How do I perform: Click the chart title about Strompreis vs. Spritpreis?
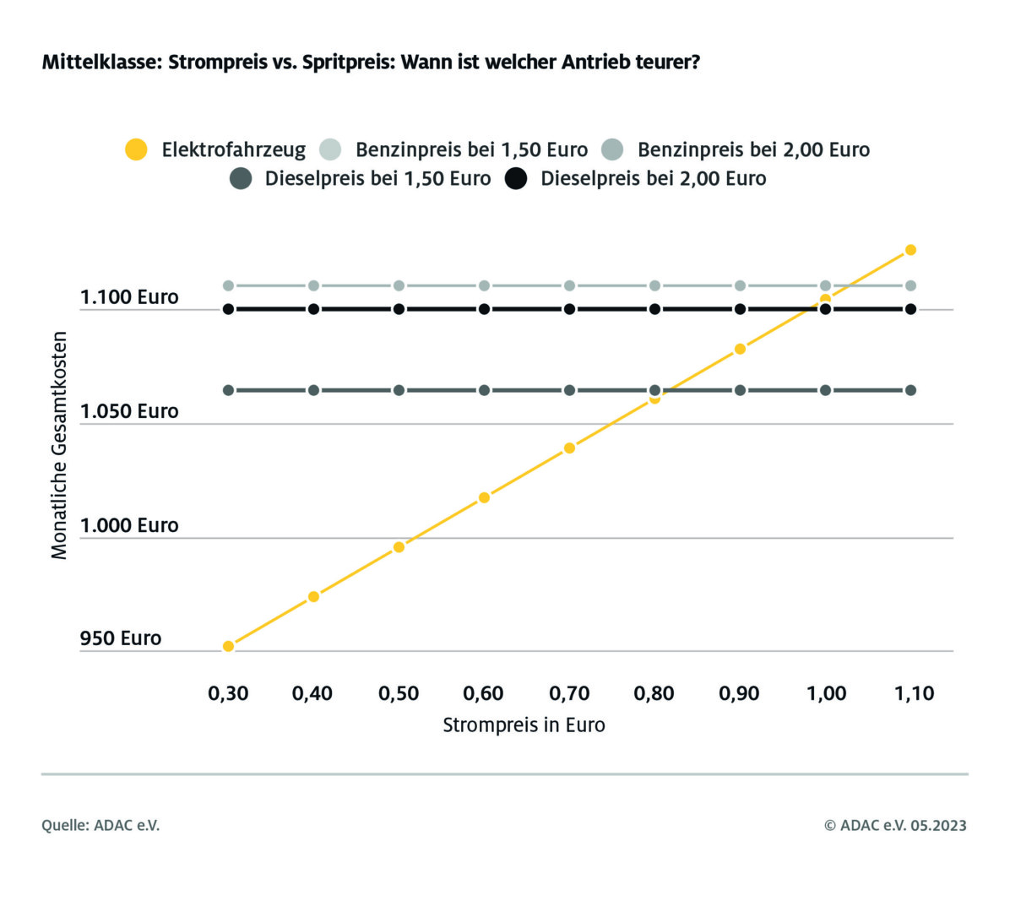click(x=371, y=62)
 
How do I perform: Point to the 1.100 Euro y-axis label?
click(x=129, y=297)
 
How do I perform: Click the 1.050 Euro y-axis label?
click(x=129, y=411)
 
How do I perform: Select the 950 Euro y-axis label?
click(x=121, y=638)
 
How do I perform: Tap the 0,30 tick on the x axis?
click(x=228, y=694)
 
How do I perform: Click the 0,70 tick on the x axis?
click(x=569, y=694)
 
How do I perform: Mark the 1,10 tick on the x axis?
click(x=914, y=694)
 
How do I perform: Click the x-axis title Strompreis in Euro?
click(x=524, y=725)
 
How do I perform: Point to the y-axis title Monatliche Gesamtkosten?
click(x=59, y=445)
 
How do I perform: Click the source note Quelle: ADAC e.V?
click(x=100, y=826)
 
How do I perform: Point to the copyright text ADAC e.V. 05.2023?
click(x=895, y=826)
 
